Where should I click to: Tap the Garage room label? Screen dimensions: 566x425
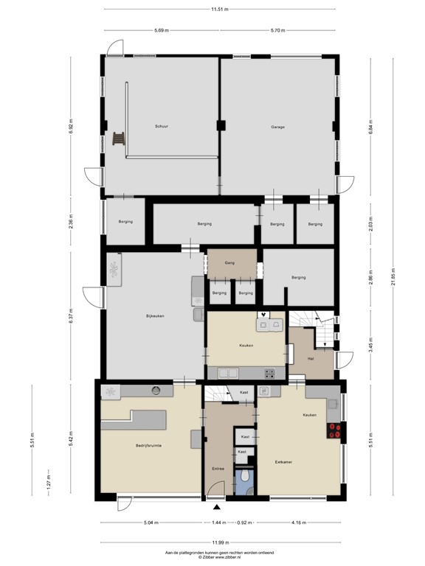277,127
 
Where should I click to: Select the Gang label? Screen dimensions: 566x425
229,262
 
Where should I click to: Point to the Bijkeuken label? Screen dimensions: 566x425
154,316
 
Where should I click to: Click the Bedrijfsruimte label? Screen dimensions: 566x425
148,446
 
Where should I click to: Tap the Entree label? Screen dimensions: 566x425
218,469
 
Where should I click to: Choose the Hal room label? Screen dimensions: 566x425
311,359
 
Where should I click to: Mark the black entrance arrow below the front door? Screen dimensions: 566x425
217,507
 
